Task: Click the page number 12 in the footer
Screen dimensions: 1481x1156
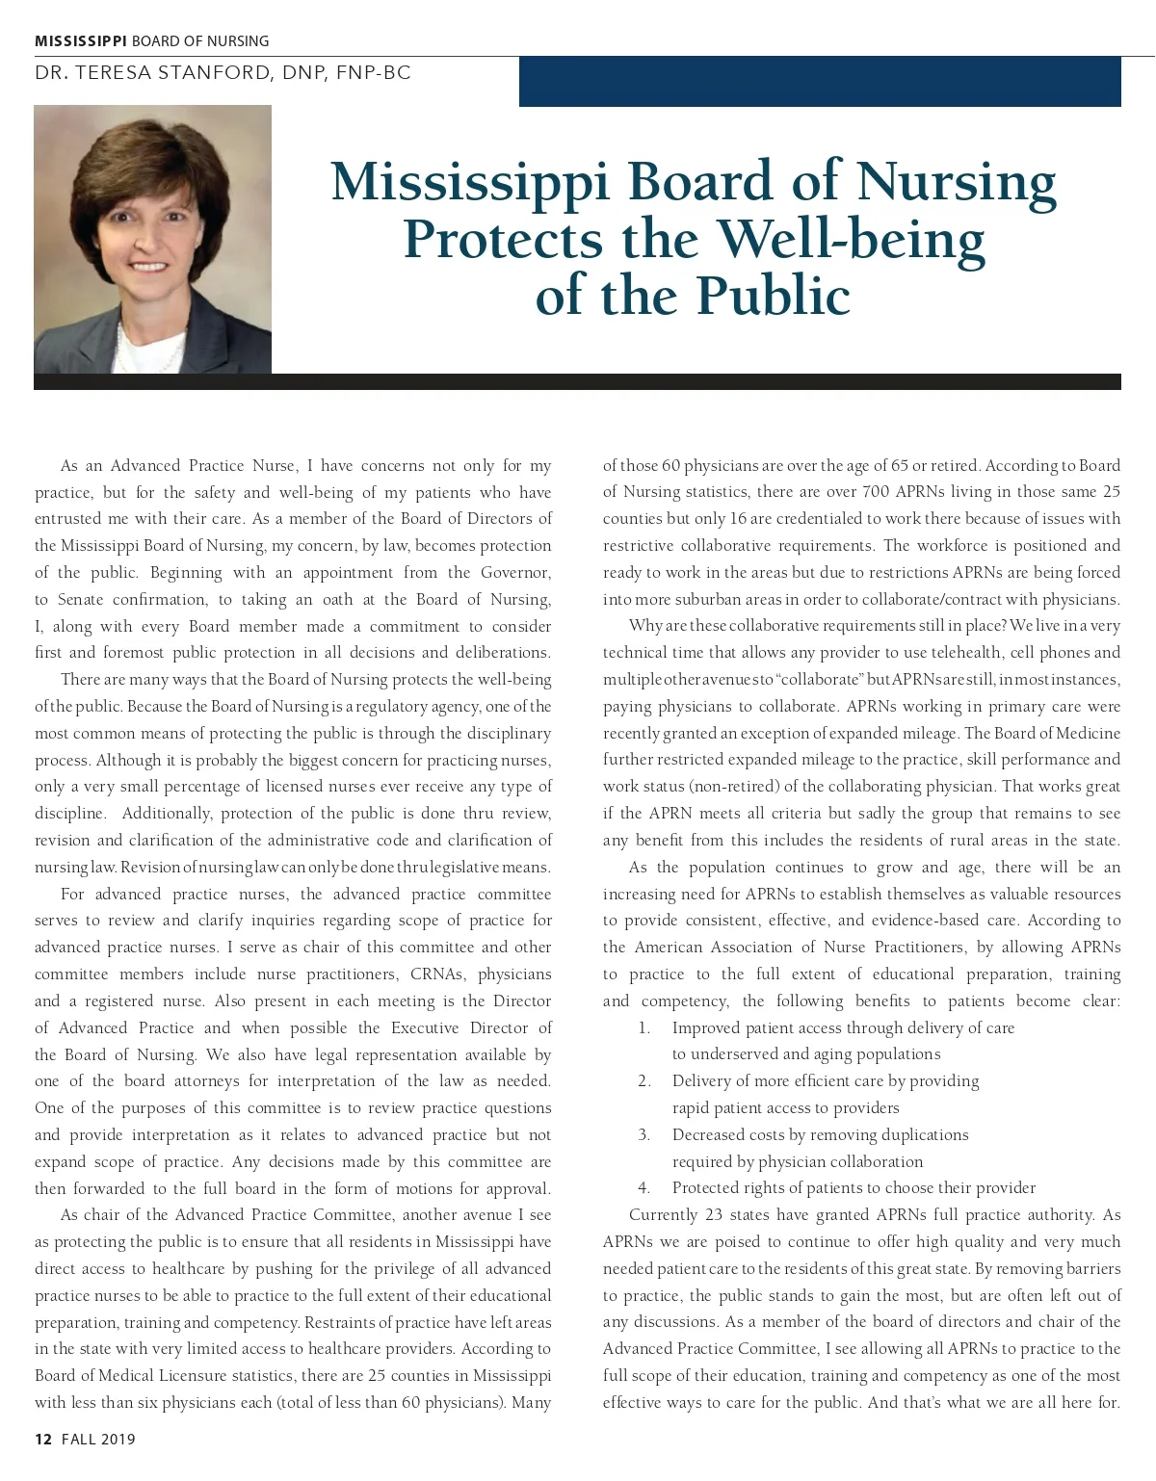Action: [x=42, y=1440]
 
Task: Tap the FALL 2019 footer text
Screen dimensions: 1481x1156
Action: [x=98, y=1440]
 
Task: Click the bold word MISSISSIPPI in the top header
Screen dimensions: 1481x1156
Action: [x=81, y=40]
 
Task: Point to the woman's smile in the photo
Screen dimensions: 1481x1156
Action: [x=149, y=267]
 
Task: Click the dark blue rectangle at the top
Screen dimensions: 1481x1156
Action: [x=820, y=81]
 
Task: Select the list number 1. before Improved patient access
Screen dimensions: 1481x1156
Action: [x=644, y=1027]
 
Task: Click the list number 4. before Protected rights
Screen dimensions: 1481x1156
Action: [x=644, y=1187]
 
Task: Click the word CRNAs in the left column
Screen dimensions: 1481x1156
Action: [x=438, y=974]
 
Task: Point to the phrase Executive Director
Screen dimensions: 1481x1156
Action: [x=459, y=1027]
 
